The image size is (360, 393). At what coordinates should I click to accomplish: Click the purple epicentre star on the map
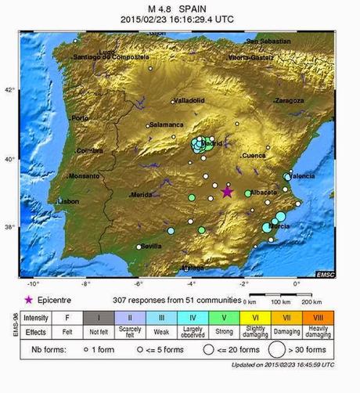click(228, 192)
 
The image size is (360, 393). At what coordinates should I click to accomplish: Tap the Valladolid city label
click(189, 100)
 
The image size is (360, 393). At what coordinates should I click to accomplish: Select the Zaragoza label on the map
click(289, 101)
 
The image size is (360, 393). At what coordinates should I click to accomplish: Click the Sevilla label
click(151, 247)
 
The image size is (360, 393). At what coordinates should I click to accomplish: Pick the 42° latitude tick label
click(9, 90)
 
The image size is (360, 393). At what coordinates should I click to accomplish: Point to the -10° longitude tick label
click(33, 283)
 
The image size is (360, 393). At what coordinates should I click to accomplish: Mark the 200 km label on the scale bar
click(311, 302)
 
